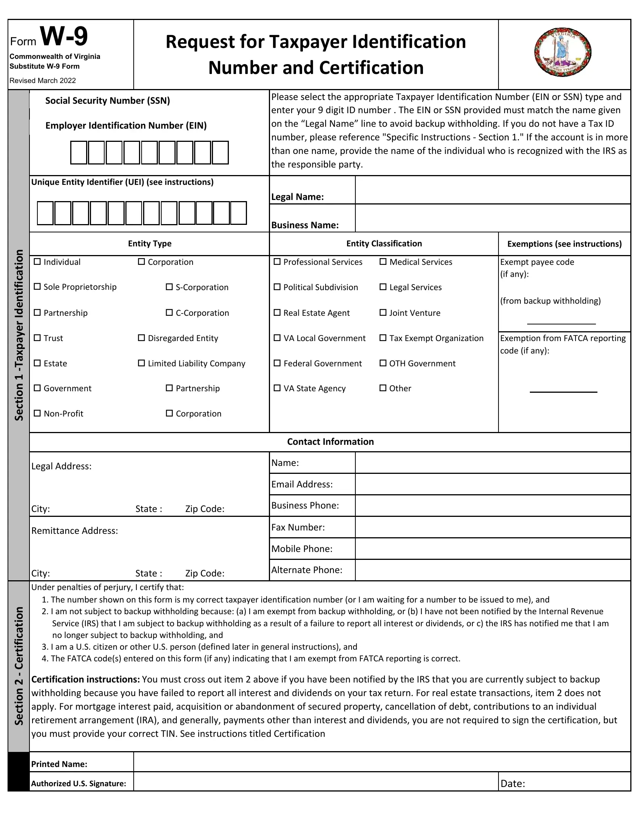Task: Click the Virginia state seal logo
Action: [563, 52]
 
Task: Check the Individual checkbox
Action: [37, 261]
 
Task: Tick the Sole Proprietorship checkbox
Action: [37, 287]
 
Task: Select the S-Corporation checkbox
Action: [169, 287]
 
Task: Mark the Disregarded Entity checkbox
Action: [142, 338]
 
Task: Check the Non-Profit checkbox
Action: [37, 413]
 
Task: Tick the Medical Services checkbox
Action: [383, 261]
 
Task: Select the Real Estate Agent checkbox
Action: [277, 312]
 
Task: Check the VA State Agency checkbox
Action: [277, 388]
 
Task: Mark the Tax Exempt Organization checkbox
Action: [383, 338]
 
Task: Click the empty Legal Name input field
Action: [492, 190]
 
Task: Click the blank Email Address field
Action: [492, 484]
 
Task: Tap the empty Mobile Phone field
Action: [492, 549]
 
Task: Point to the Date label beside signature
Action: [513, 783]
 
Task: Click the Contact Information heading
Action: [330, 442]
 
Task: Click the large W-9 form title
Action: [64, 37]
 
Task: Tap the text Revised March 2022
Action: [43, 81]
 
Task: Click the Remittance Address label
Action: [74, 530]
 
